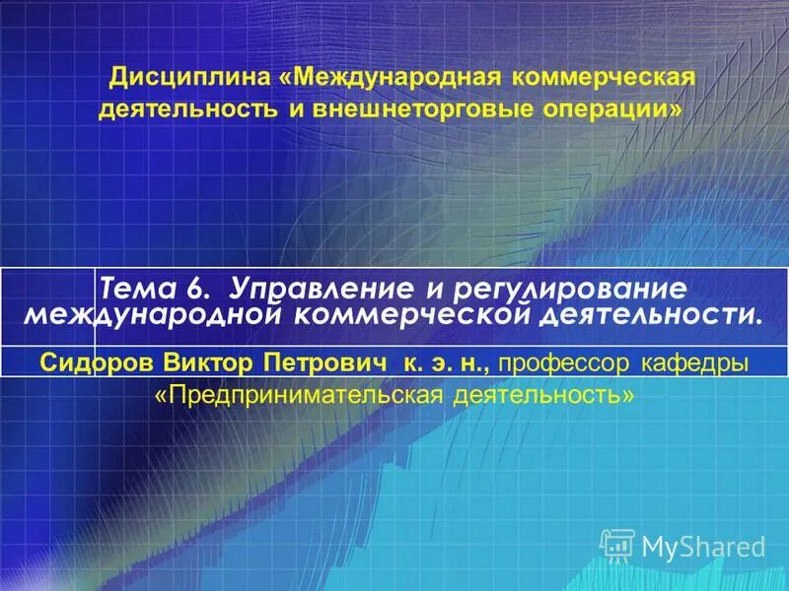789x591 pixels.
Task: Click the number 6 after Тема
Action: coord(193,290)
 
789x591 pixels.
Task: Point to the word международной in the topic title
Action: coord(158,315)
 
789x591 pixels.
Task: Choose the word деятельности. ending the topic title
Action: coord(652,315)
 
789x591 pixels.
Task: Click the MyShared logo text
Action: coord(703,546)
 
